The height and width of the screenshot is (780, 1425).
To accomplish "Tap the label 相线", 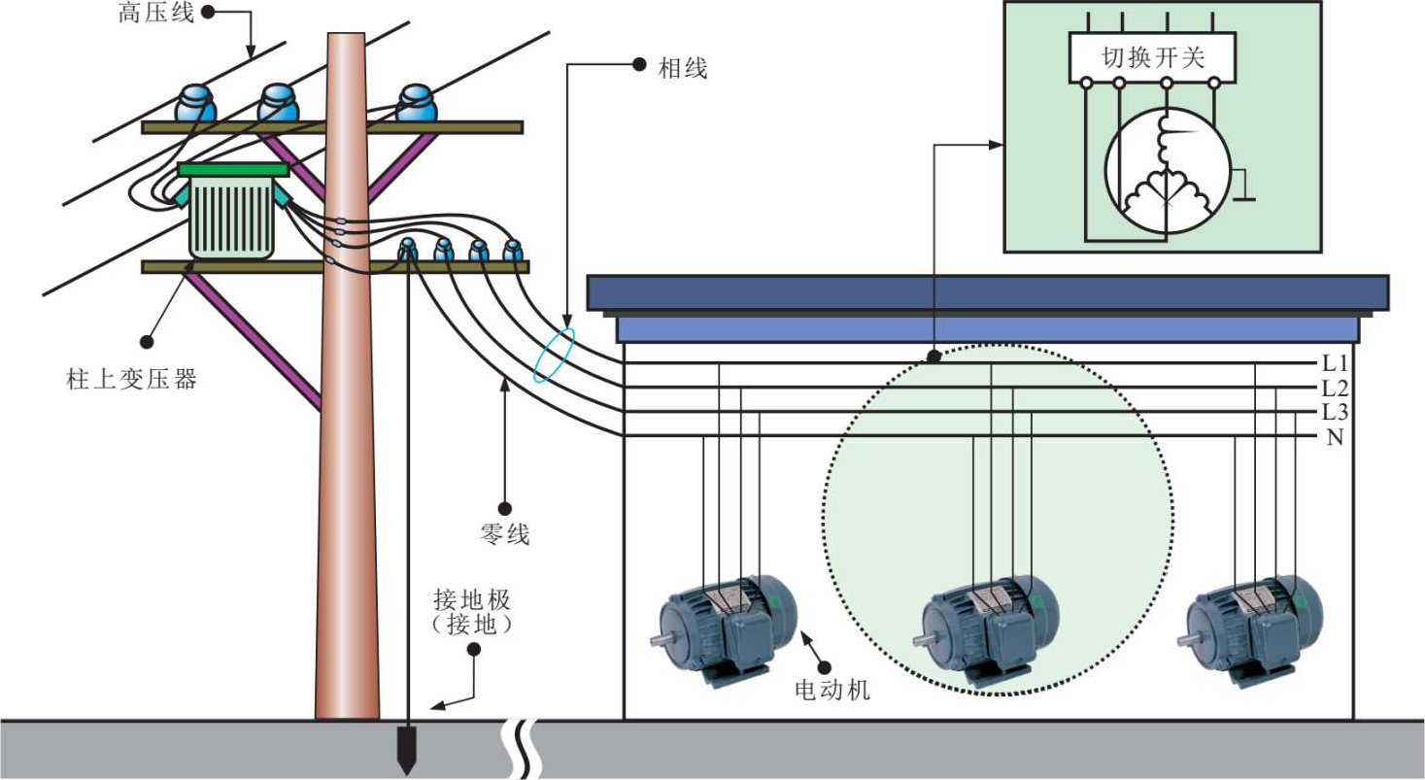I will (684, 67).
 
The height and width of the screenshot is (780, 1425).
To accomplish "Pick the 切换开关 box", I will (1152, 57).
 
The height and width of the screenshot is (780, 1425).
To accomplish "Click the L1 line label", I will (1335, 364).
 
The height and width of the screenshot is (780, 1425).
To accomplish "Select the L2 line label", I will (1335, 389).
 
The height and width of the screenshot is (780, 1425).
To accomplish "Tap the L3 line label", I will (1335, 413).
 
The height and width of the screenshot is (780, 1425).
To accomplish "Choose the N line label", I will (1335, 437).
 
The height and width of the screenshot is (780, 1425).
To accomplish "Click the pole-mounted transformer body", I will (231, 219).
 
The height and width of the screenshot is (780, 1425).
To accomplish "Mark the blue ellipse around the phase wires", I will (554, 356).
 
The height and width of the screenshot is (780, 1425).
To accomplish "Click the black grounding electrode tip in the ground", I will (407, 758).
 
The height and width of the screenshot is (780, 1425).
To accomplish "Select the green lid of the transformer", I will (233, 170).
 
